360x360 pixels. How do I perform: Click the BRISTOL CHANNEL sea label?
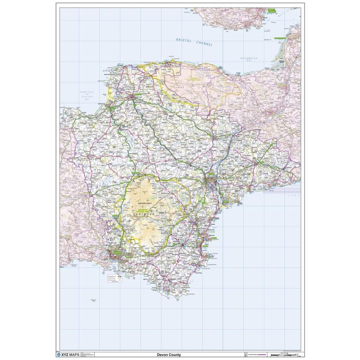[194, 42]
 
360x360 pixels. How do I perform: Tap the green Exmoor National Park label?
[195, 79]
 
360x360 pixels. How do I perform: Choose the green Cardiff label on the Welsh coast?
[271, 10]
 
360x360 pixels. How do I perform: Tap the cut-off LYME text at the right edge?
[296, 196]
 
